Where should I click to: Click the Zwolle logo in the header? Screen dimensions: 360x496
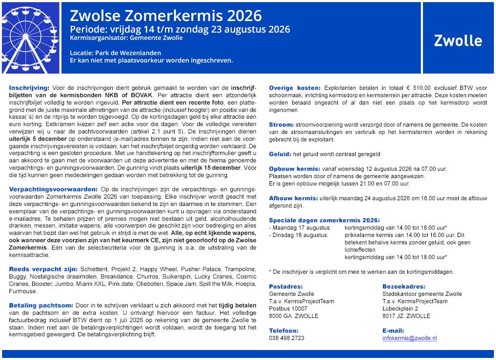458,40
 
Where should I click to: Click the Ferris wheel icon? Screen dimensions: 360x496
30,37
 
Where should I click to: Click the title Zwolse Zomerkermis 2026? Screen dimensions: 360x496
166,16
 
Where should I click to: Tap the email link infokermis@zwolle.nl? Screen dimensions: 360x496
409,338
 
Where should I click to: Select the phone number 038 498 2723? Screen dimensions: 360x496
286,338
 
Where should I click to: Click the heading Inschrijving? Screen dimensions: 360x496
29,87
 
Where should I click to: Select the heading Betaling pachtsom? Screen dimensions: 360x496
42,305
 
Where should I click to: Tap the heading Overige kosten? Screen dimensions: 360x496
295,87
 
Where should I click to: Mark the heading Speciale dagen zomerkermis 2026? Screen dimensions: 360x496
324,220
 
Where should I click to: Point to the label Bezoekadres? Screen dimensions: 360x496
404,286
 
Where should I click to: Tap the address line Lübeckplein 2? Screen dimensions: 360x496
400,308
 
